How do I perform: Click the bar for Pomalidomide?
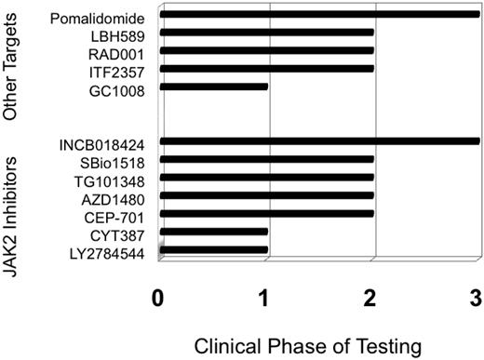click(319, 15)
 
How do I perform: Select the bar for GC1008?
click(214, 87)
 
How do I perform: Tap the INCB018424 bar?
click(319, 141)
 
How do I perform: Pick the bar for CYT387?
click(214, 232)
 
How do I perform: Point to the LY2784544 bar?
click(214, 249)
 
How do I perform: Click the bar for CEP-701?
click(267, 213)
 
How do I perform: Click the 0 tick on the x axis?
click(160, 299)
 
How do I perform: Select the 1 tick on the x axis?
click(266, 299)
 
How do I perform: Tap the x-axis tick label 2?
click(372, 299)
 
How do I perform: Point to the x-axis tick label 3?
click(476, 299)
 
